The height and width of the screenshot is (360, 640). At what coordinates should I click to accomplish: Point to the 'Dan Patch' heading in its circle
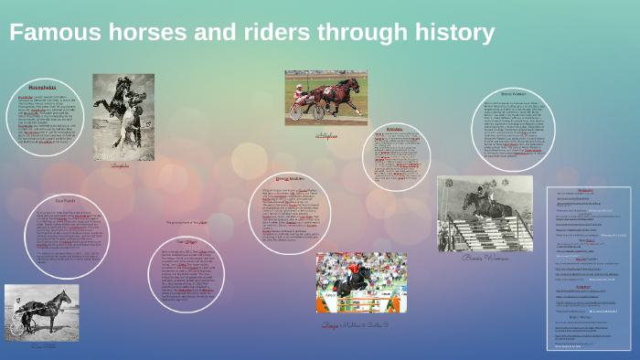click(x=65, y=200)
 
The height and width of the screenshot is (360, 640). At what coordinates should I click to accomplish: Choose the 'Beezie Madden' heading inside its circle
click(x=289, y=179)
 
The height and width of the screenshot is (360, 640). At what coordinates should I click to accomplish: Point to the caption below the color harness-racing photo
click(x=326, y=134)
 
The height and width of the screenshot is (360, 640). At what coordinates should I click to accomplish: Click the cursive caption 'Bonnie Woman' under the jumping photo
click(x=485, y=258)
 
